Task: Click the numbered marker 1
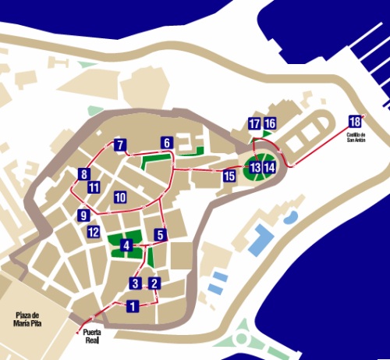point(133,306)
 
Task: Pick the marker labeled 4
point(126,246)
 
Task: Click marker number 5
point(160,234)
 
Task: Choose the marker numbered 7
point(119,144)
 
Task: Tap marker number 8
point(84,174)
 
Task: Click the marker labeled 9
point(84,215)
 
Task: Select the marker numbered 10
point(120,197)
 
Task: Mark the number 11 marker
point(94,187)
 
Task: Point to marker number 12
point(94,231)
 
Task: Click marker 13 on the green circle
point(255,167)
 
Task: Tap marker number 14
point(269,167)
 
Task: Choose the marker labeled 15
point(229,176)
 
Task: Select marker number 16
point(270,123)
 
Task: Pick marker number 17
point(254,123)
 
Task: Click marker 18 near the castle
point(356,121)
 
